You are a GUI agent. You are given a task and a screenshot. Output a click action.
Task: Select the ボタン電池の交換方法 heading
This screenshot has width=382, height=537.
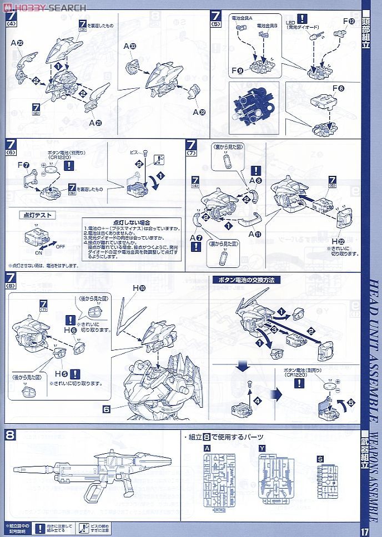(242, 280)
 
